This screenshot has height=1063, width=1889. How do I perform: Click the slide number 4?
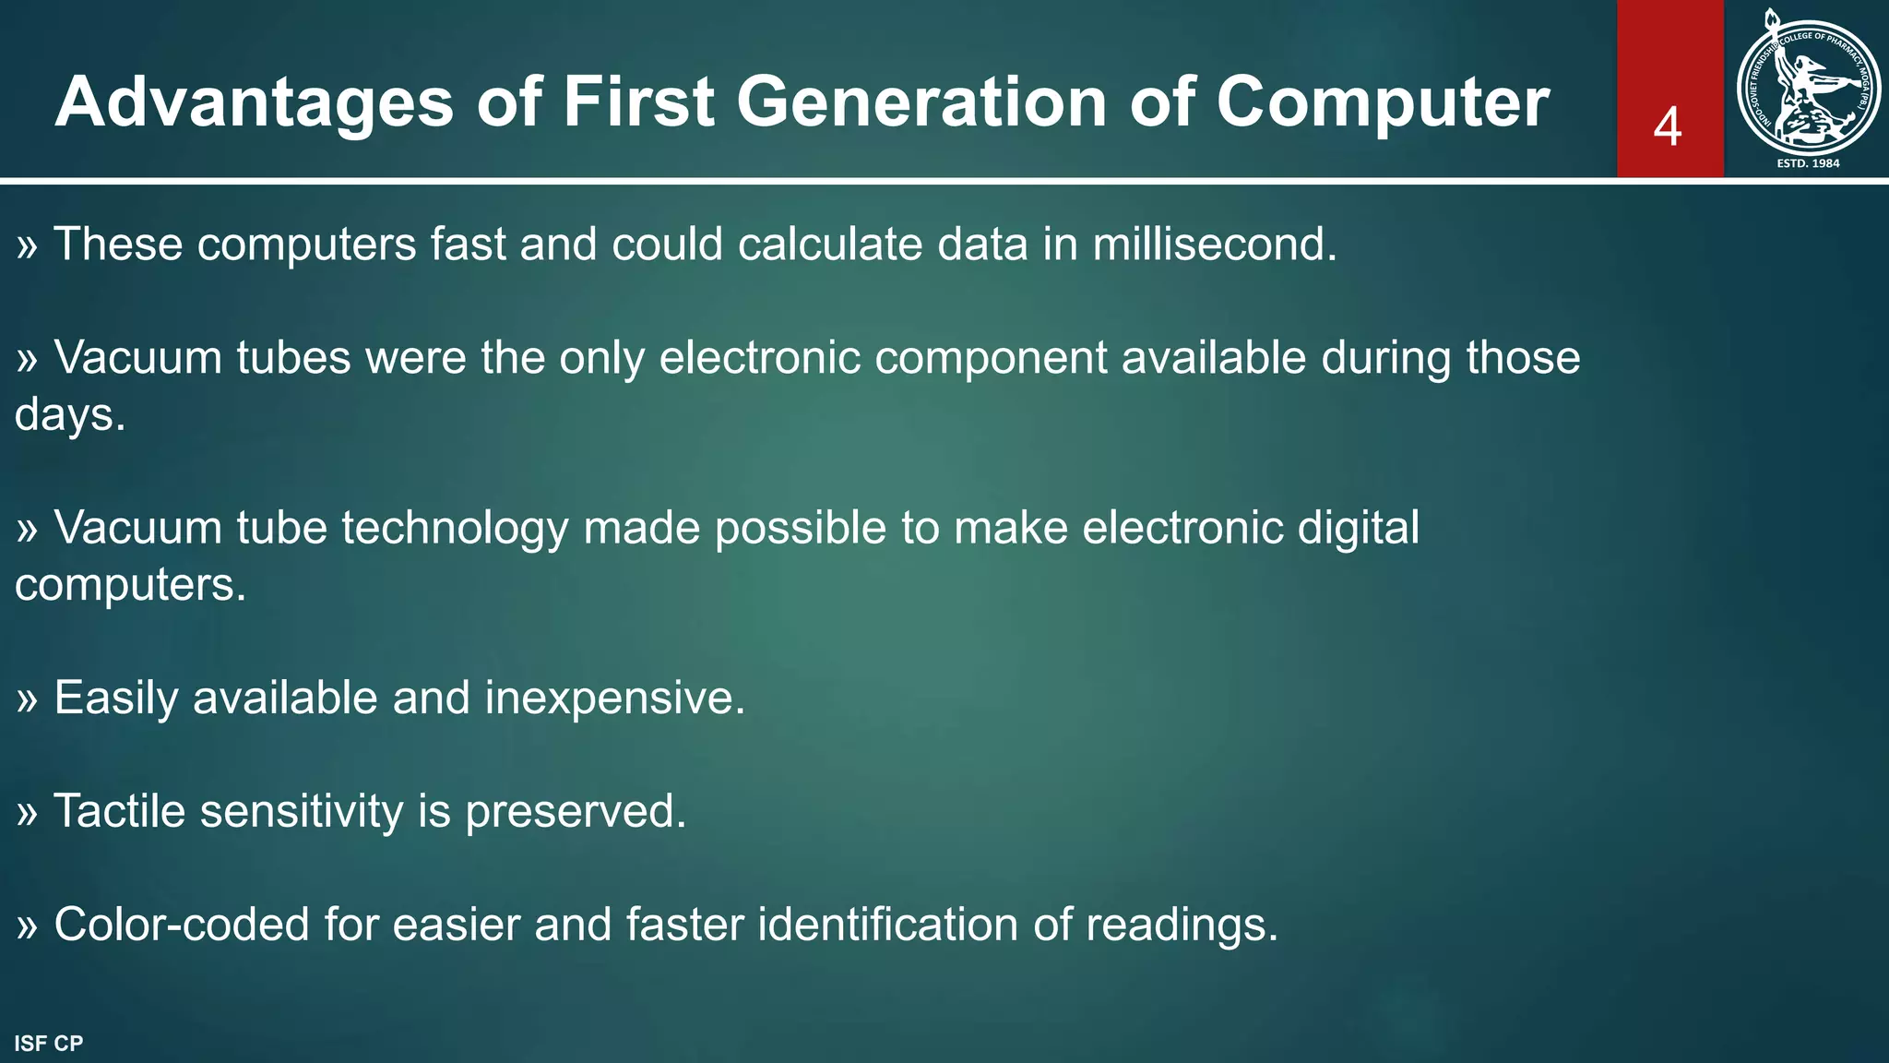[1668, 127]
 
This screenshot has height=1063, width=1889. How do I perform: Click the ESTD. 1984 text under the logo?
[1808, 163]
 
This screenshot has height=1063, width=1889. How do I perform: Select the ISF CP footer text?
[49, 1044]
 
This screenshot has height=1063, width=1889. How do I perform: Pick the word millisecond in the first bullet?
[1214, 245]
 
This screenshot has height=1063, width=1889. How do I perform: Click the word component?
[991, 358]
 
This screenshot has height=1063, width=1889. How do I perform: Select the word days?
[69, 414]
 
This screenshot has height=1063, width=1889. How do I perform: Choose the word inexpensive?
[614, 698]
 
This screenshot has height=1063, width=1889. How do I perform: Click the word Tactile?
[119, 811]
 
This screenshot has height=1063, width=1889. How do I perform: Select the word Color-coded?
[181, 925]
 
